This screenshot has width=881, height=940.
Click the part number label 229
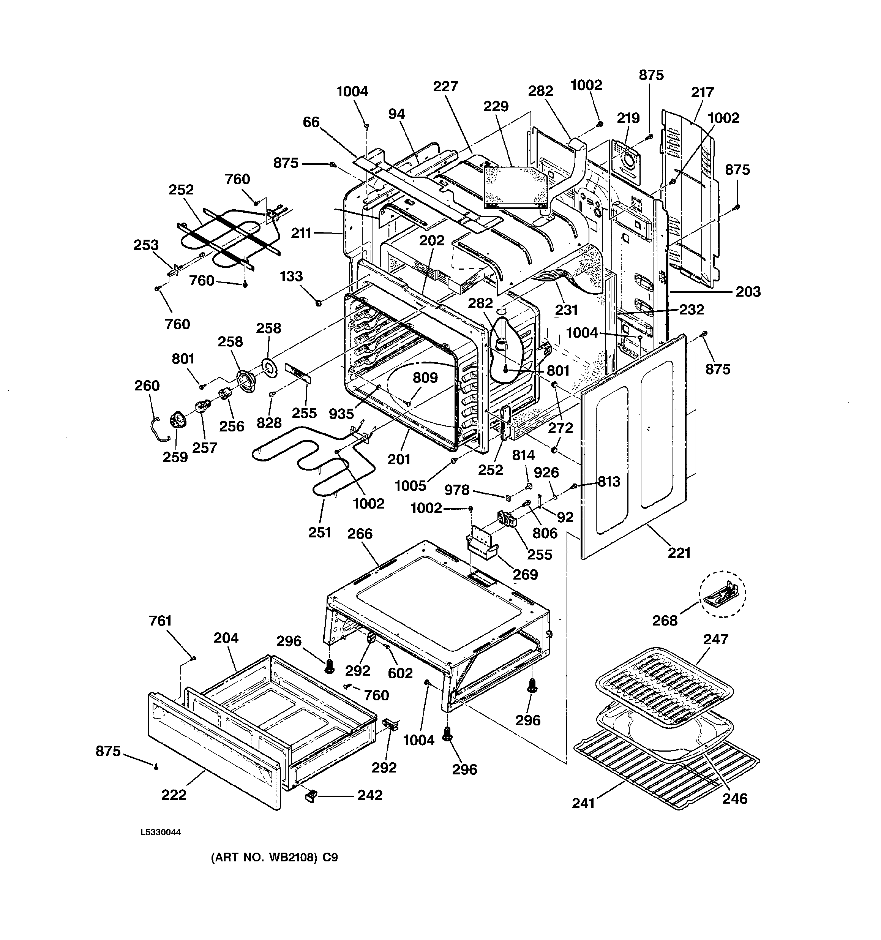click(496, 106)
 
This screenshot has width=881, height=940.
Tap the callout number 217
click(702, 92)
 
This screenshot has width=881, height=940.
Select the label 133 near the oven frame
click(291, 276)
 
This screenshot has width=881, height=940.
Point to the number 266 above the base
click(360, 534)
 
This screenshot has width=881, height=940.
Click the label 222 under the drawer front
click(174, 795)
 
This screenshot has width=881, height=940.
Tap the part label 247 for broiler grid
click(715, 639)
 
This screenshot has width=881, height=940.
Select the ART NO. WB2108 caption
click(274, 871)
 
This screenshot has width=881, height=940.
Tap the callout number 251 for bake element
click(319, 532)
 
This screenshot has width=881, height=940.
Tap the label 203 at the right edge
click(748, 292)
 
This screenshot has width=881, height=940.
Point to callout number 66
click(311, 122)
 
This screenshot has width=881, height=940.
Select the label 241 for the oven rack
click(583, 803)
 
